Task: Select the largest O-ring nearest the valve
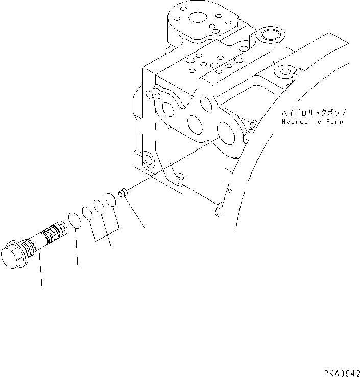[x=75, y=220]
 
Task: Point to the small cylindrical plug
[x=123, y=193]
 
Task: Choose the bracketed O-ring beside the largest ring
[x=88, y=212]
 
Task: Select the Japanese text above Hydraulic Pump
[x=312, y=113]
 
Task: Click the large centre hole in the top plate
[x=197, y=19]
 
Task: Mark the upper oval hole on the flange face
[x=206, y=104]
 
